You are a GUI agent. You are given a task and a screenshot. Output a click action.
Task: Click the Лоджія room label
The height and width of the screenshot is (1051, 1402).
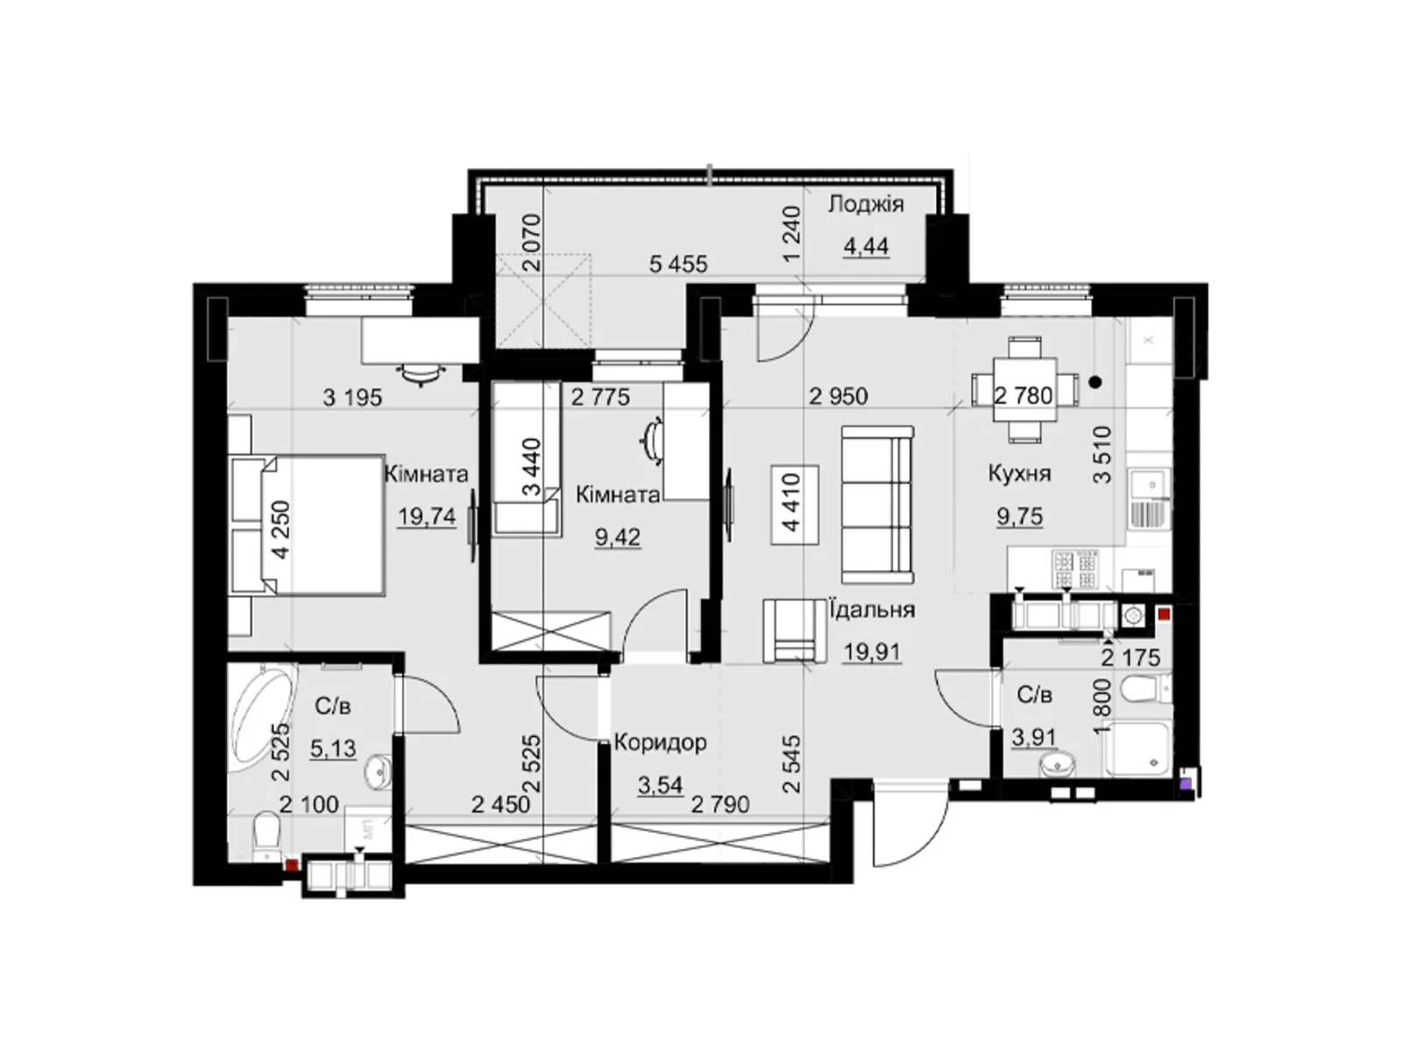click(x=866, y=205)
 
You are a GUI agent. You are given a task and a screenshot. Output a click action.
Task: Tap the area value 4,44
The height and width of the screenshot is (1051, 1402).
click(x=866, y=246)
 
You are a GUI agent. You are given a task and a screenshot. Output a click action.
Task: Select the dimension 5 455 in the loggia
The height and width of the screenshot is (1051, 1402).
click(x=678, y=264)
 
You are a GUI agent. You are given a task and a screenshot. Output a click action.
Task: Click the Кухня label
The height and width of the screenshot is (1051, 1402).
click(x=1019, y=474)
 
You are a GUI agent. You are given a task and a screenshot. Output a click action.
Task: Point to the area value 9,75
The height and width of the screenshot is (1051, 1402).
click(x=1020, y=515)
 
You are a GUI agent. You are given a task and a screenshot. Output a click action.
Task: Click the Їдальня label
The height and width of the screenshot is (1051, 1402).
click(x=871, y=610)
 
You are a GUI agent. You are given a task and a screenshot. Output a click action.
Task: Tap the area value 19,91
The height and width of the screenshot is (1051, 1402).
click(x=872, y=652)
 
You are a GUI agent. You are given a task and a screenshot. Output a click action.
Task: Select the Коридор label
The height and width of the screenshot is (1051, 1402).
click(x=661, y=742)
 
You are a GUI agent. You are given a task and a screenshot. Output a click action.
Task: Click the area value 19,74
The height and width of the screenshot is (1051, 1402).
click(x=428, y=516)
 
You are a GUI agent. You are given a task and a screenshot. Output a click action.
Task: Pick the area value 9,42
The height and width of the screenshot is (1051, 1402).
click(x=618, y=537)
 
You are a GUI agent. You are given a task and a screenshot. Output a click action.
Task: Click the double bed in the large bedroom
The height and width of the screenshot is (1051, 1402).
click(x=308, y=525)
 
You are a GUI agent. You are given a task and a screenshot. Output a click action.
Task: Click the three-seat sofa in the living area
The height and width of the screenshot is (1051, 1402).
click(x=877, y=504)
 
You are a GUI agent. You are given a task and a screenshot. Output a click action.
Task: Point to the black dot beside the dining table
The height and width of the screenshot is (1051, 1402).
click(x=1095, y=382)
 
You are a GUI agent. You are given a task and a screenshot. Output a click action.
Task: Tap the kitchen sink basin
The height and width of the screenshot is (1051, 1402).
click(x=1149, y=485)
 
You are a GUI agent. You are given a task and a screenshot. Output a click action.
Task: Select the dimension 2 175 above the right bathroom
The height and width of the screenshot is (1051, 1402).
click(x=1130, y=657)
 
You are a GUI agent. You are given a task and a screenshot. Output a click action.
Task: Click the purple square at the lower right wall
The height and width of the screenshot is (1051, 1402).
click(x=1186, y=784)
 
